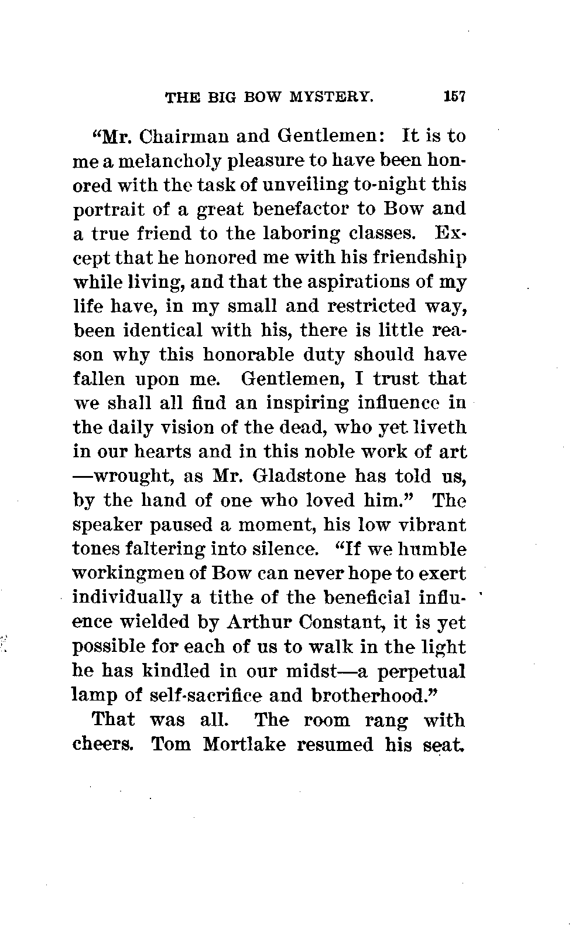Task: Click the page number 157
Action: pos(454,96)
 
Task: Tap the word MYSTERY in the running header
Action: pos(331,97)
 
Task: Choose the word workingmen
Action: pos(130,574)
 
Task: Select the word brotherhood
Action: pos(375,695)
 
